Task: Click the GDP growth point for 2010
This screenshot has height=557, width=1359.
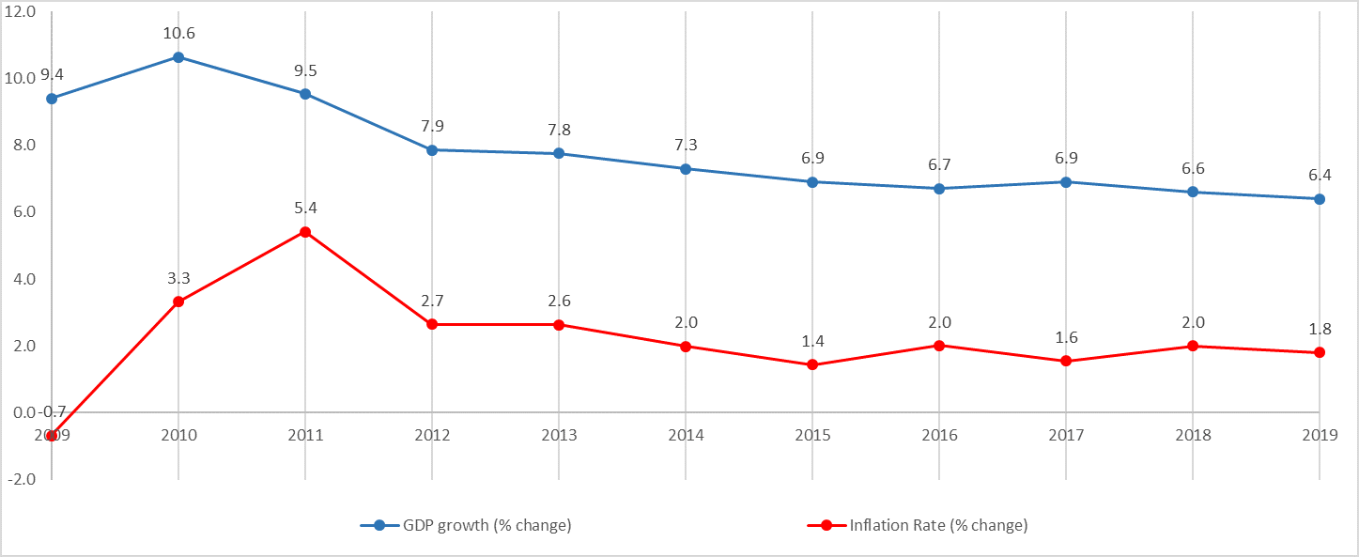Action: [x=178, y=57]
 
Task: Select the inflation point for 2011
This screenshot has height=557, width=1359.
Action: [x=305, y=232]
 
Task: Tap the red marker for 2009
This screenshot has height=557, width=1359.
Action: [x=52, y=436]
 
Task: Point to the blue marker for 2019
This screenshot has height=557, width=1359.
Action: [x=1320, y=199]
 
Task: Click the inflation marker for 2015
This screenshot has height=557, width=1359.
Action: [x=812, y=364]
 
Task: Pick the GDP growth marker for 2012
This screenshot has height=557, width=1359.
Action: [x=432, y=149]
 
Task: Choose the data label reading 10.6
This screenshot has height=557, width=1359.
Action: [x=178, y=34]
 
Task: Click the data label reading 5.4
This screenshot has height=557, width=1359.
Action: [x=305, y=208]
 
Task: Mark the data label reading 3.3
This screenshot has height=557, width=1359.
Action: [x=178, y=278]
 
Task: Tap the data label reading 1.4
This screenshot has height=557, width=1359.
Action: [x=812, y=341]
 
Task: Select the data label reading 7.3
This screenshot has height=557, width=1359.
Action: [x=686, y=145]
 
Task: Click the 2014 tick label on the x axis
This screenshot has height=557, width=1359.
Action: [x=686, y=436]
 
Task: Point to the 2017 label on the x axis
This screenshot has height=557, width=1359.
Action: [x=1066, y=436]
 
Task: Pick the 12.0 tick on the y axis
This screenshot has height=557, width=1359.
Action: [x=20, y=11]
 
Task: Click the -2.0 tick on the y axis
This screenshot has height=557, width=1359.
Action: [x=20, y=478]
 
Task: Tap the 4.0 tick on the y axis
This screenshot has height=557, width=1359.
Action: [x=22, y=279]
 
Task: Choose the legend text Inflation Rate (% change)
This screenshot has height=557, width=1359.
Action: [x=938, y=526]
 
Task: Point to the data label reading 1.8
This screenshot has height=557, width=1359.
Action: [x=1320, y=330]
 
